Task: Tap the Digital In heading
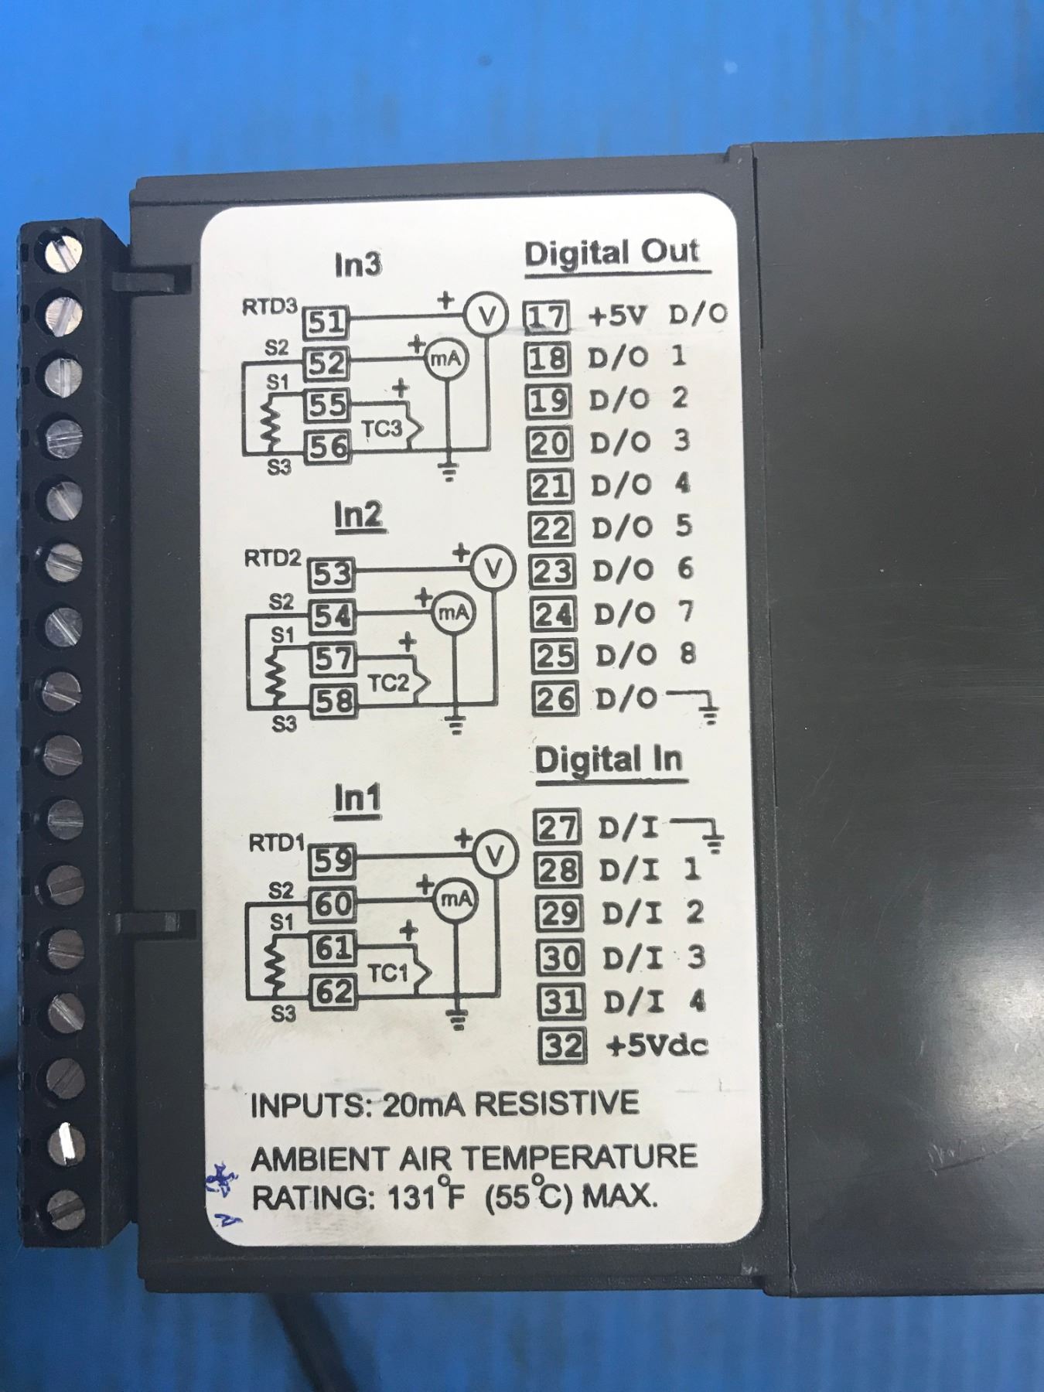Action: (x=609, y=759)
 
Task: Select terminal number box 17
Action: (x=548, y=316)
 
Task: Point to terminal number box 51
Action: (x=326, y=322)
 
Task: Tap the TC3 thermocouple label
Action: (x=383, y=429)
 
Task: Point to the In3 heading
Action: (x=357, y=265)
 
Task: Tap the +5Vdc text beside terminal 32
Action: (x=657, y=1046)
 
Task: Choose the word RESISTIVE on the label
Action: (x=556, y=1104)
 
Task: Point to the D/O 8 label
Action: (x=645, y=655)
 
